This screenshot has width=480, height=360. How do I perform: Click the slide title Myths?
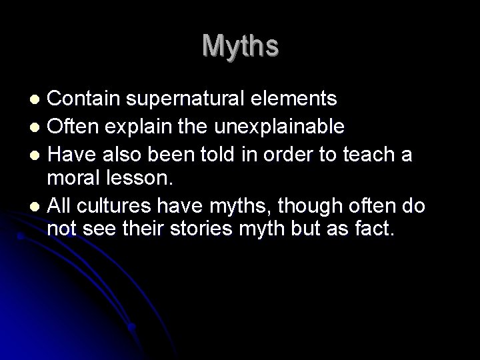[x=240, y=46]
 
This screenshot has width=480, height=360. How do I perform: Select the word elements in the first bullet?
[x=296, y=99]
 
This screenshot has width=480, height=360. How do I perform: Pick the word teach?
[x=374, y=155]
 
